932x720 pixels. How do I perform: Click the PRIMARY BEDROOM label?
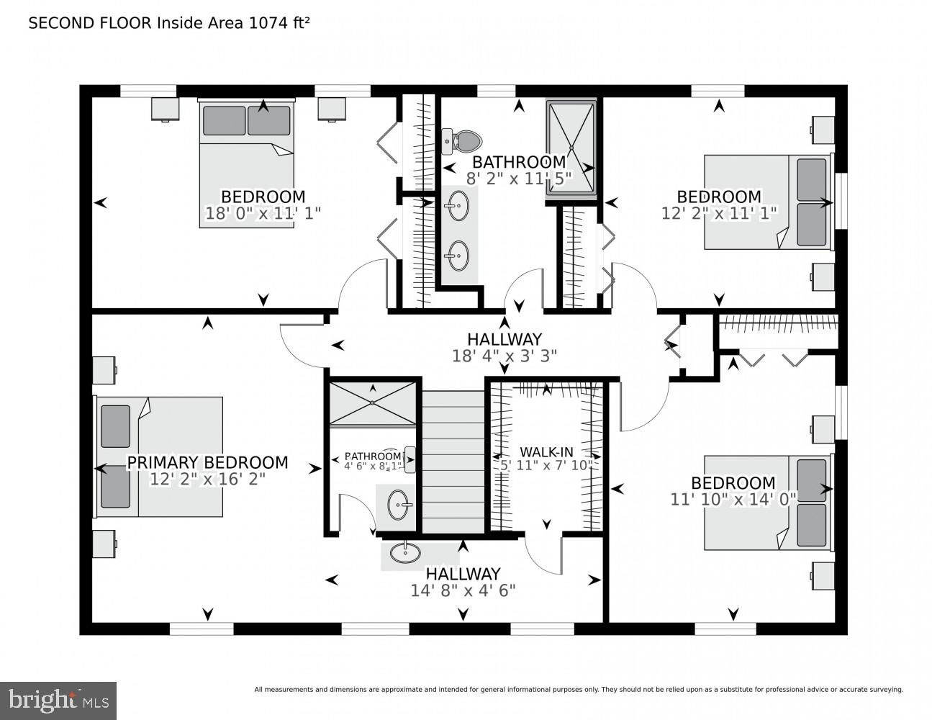(x=207, y=462)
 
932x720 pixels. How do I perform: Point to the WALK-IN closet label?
(x=546, y=452)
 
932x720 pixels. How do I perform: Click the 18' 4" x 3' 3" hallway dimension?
(x=504, y=355)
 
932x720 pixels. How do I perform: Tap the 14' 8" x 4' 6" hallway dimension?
(x=463, y=590)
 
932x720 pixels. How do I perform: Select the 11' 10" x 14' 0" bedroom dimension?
(x=733, y=499)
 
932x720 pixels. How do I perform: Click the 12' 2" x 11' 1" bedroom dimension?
(x=718, y=213)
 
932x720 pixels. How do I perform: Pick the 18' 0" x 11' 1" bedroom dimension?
(x=263, y=213)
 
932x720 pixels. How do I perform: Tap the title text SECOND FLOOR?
(x=91, y=23)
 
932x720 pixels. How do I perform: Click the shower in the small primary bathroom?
(x=373, y=404)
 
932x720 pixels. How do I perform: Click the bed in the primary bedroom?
(x=160, y=456)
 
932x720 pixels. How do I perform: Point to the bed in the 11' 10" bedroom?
(x=767, y=503)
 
